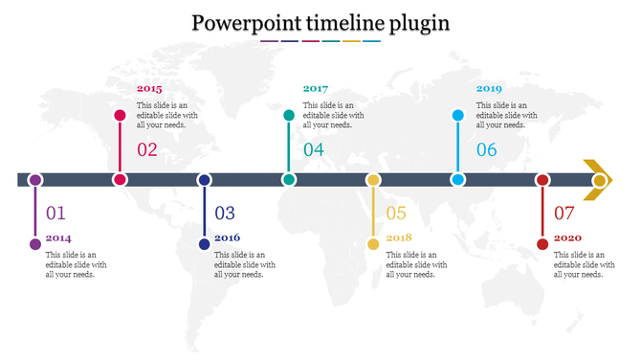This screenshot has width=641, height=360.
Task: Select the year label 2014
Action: click(x=58, y=237)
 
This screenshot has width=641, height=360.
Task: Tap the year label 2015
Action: click(x=149, y=88)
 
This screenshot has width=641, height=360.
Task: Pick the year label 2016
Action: click(x=227, y=237)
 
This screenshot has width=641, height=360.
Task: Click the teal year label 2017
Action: click(x=316, y=88)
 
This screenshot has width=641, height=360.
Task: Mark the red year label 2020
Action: click(x=567, y=237)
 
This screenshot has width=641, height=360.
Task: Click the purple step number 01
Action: click(x=56, y=214)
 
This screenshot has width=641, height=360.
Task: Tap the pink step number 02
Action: click(x=147, y=149)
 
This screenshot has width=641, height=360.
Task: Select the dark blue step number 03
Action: click(x=225, y=214)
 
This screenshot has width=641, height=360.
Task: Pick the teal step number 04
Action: click(x=314, y=149)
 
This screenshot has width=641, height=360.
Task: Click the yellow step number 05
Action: click(x=396, y=214)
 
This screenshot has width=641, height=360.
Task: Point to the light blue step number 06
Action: click(x=487, y=149)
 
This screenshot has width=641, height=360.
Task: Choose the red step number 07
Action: click(x=564, y=214)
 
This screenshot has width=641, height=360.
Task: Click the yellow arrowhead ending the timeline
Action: click(x=599, y=180)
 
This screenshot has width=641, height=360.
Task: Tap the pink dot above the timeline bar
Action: click(x=120, y=116)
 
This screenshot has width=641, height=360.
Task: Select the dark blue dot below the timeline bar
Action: click(x=204, y=244)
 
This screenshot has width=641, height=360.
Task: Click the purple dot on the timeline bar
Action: click(x=35, y=180)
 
